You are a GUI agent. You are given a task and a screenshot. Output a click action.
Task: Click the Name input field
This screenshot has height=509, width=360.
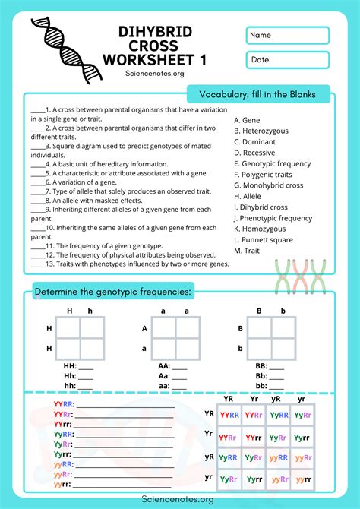pyautogui.click(x=288, y=36)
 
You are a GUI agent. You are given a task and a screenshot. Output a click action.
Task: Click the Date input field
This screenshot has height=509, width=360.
pyautogui.click(x=288, y=60)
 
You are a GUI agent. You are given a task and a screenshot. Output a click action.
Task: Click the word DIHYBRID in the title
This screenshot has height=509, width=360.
pyautogui.click(x=154, y=31)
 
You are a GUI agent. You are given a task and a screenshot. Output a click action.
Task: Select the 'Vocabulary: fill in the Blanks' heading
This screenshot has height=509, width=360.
pyautogui.click(x=257, y=94)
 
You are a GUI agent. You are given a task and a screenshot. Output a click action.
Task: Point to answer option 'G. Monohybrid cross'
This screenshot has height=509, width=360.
pyautogui.click(x=268, y=185)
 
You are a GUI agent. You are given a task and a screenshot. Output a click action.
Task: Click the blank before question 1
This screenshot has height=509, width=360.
pyautogui.click(x=37, y=109)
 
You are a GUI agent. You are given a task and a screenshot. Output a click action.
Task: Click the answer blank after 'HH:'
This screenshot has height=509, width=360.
pyautogui.click(x=86, y=365)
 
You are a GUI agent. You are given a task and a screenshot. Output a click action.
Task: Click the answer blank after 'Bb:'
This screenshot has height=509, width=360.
pyautogui.click(x=277, y=375)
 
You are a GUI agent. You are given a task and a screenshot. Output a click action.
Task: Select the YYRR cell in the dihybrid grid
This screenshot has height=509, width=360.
pyautogui.click(x=229, y=415)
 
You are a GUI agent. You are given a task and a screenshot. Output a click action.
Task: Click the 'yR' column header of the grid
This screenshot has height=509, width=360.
pyautogui.click(x=277, y=399)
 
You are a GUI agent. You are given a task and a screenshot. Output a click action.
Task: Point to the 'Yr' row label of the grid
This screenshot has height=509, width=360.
pyautogui.click(x=209, y=434)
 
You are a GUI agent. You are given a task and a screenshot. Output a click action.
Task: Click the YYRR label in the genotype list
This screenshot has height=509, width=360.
pyautogui.click(x=63, y=404)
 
